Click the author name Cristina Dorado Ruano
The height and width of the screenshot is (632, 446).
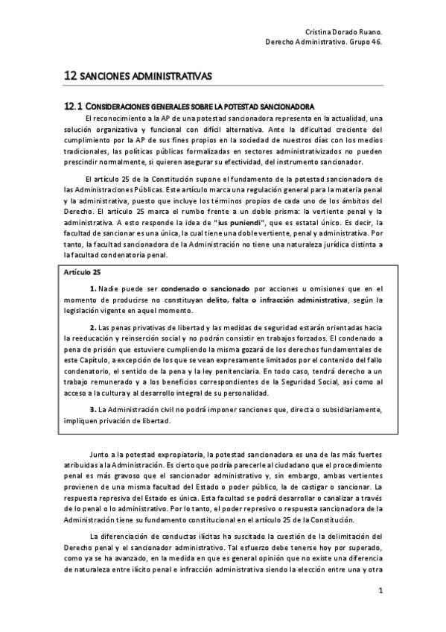[345, 33]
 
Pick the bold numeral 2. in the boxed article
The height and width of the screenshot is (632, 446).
[93, 328]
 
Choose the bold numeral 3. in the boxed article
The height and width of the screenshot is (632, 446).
[93, 410]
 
